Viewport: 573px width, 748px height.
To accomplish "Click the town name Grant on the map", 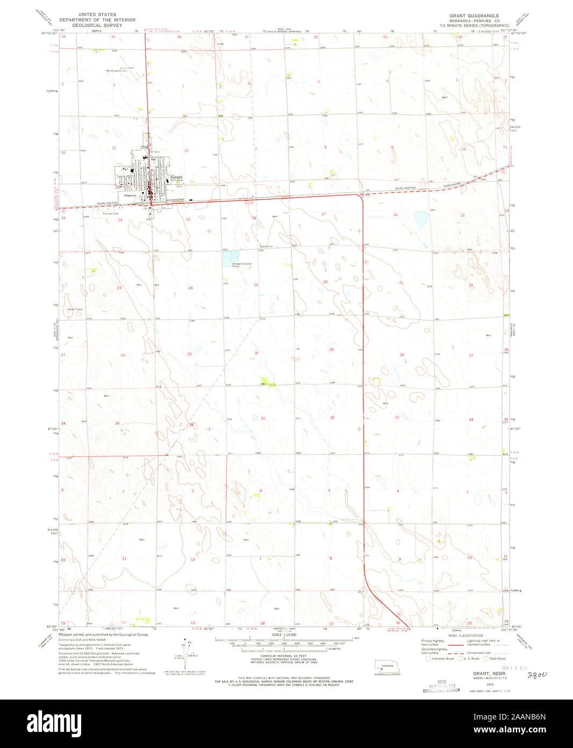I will [x=177, y=177].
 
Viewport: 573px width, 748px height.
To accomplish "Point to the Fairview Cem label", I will [x=111, y=214].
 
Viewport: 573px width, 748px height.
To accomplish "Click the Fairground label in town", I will [x=130, y=195].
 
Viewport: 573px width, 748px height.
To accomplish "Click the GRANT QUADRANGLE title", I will [x=474, y=16].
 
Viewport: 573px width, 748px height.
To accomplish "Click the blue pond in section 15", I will [x=421, y=218].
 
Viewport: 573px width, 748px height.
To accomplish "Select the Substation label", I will [x=266, y=246].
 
